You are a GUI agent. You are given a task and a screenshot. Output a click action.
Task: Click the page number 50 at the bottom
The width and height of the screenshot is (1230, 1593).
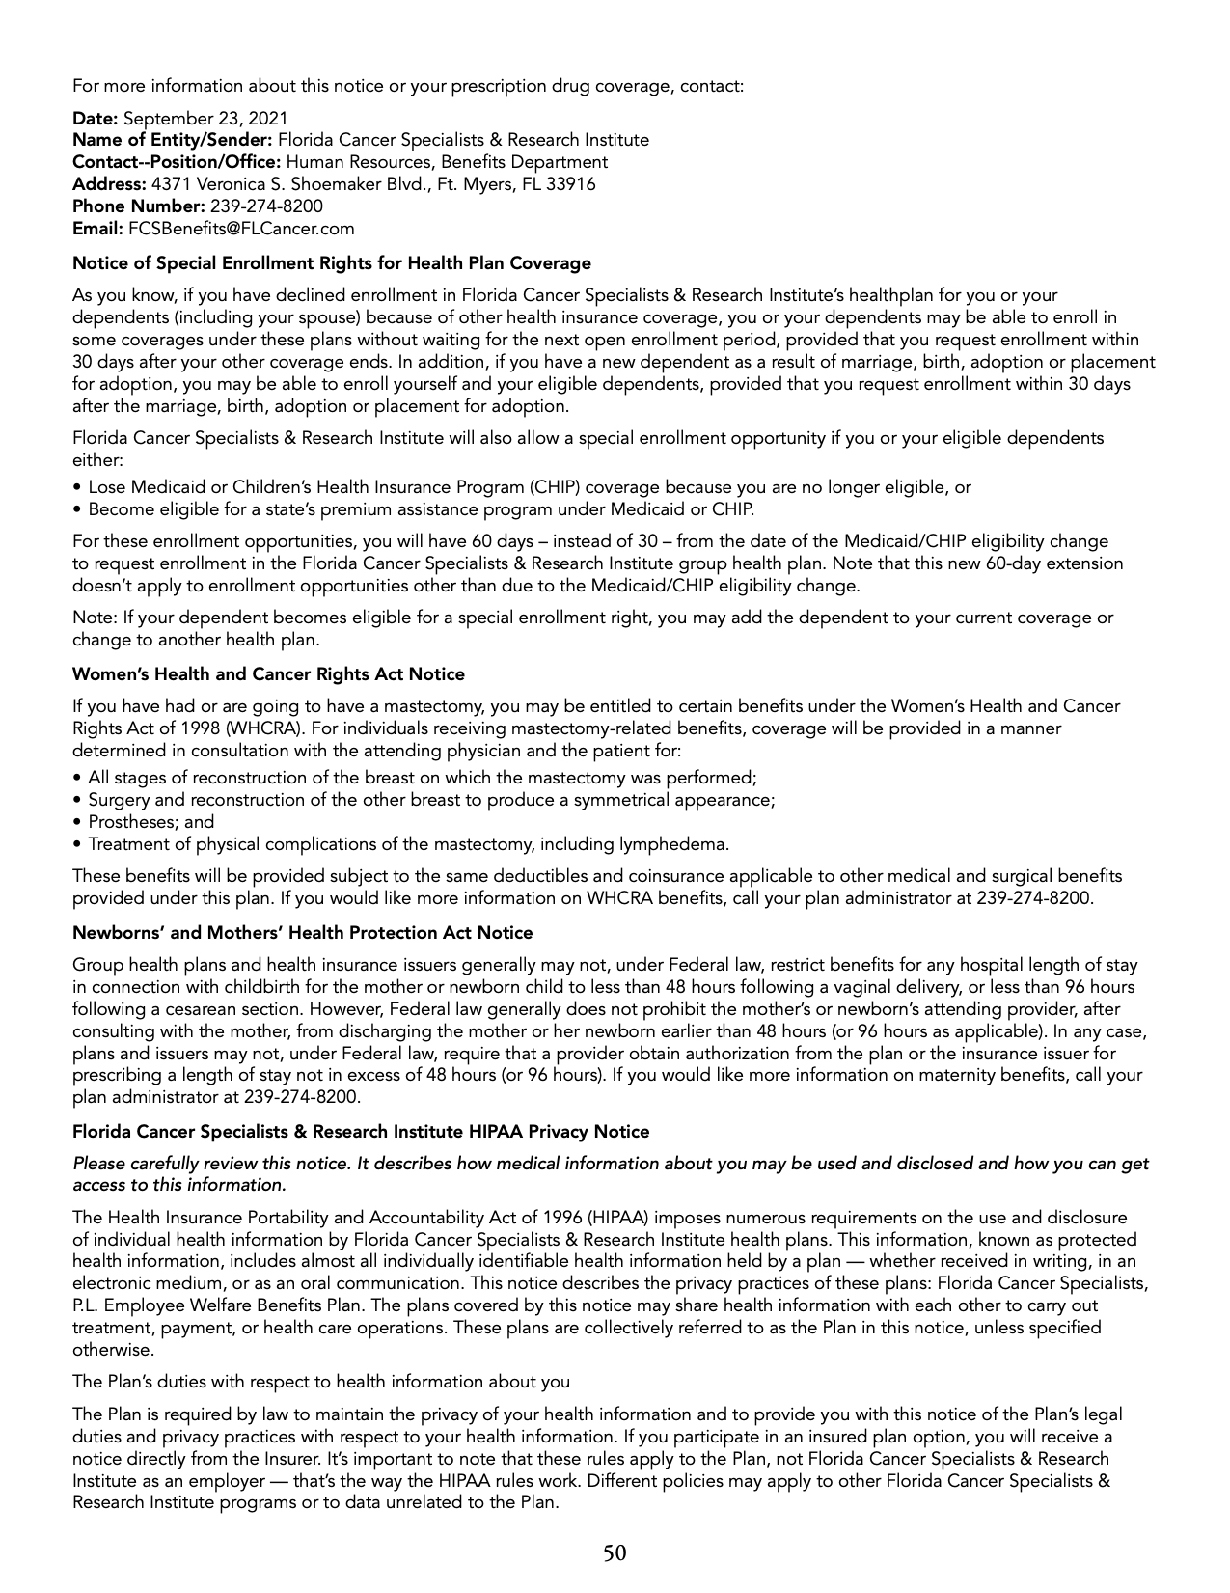(x=615, y=1552)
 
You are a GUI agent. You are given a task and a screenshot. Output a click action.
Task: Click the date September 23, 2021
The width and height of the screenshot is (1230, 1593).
(x=205, y=118)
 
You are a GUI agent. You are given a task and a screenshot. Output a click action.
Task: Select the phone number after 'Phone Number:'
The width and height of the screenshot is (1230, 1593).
(x=266, y=206)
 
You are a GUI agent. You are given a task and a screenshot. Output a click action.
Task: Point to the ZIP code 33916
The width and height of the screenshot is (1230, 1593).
(x=572, y=184)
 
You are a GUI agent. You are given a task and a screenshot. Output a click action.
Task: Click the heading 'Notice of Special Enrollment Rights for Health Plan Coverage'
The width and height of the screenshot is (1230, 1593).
(x=332, y=263)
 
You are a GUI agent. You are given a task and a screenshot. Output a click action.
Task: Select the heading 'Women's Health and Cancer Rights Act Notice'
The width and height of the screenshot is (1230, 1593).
(x=268, y=674)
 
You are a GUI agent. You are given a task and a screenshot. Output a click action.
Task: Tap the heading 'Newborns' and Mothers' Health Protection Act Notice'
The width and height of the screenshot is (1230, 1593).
(x=303, y=933)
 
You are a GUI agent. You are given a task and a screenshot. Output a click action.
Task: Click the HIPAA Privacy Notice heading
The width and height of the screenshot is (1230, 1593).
(x=361, y=1132)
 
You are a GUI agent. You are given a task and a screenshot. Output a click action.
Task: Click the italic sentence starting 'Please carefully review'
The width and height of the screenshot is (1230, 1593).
(x=611, y=1164)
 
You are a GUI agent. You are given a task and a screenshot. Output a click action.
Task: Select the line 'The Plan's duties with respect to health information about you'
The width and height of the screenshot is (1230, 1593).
(x=321, y=1382)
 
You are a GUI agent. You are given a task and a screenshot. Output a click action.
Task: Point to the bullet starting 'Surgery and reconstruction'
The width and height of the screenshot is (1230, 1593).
(x=431, y=800)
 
